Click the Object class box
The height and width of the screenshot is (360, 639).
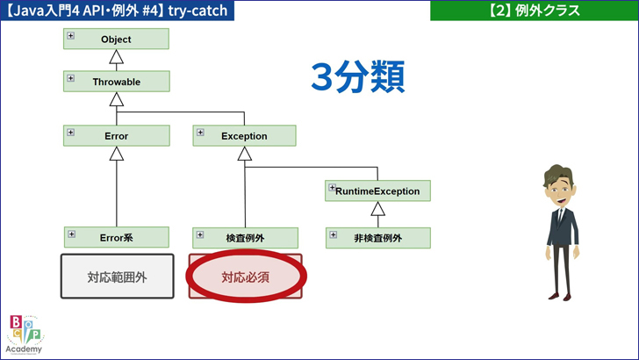117,40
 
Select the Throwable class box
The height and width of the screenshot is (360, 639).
117,82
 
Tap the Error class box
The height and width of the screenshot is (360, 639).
117,136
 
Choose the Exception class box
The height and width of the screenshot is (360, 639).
244,136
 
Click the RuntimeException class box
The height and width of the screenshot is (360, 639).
377,191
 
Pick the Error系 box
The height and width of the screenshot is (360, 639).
117,237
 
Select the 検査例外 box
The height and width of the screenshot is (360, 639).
245,238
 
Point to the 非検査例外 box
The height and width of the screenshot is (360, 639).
377,238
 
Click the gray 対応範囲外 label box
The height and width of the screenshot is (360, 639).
117,277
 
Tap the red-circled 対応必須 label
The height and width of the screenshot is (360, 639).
245,277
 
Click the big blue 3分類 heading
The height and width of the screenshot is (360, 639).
357,77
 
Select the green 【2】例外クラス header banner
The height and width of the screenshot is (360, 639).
535,11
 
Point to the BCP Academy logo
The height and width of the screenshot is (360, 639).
24,334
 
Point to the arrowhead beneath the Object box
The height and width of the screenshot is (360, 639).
117,58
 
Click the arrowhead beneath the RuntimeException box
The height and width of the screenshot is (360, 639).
377,209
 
